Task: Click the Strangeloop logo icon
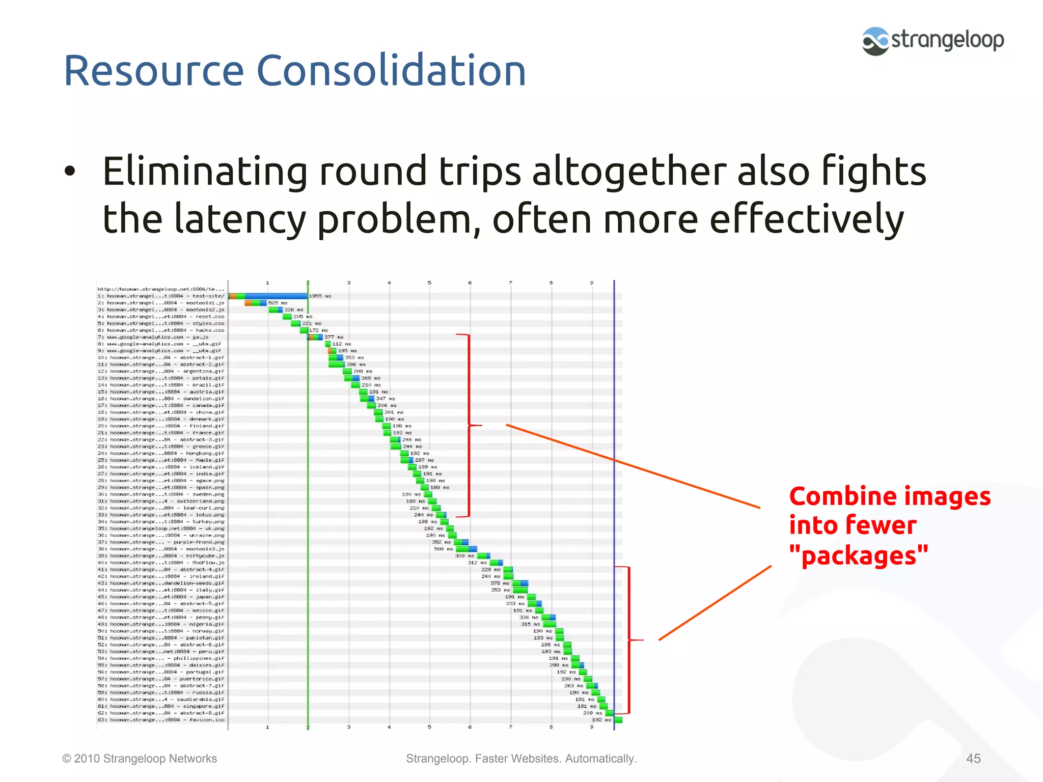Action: tap(875, 41)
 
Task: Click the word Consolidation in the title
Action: tap(391, 71)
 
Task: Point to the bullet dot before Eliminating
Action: tap(70, 172)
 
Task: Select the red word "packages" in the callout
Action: tap(859, 555)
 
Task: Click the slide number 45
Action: tap(973, 759)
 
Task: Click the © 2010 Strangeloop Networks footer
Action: tap(140, 759)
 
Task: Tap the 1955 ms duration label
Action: tap(320, 296)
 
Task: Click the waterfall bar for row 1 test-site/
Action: tap(268, 296)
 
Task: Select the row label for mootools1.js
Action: tap(161, 303)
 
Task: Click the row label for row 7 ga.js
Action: tap(160, 337)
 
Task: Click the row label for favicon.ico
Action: tap(161, 720)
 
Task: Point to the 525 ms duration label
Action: tap(278, 303)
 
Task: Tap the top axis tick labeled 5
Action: tap(429, 283)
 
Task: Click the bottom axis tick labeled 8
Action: tap(551, 727)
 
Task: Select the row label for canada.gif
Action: tap(161, 405)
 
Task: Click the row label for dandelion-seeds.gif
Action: tap(161, 583)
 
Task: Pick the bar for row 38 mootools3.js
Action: tap(466, 549)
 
